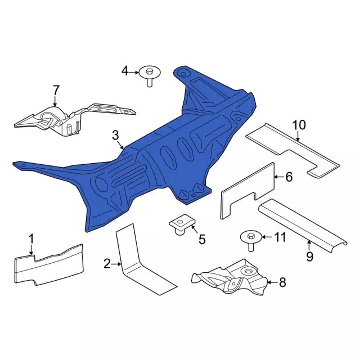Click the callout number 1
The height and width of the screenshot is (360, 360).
click(31, 238)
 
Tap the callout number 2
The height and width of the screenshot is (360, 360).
click(107, 264)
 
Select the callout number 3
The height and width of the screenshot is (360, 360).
click(115, 136)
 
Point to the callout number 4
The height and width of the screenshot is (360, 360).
click(125, 71)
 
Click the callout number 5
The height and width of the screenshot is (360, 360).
click(202, 240)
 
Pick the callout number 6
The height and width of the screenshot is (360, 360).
click(289, 177)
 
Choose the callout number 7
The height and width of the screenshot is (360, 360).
click(56, 90)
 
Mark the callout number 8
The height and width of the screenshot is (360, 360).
click(282, 282)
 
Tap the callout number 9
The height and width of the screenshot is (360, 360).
click(310, 256)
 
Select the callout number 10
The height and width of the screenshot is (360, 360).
click(299, 125)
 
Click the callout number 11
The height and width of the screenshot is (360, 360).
click(280, 237)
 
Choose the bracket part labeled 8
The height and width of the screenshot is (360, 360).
click(229, 277)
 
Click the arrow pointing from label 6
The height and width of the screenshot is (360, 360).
click(279, 177)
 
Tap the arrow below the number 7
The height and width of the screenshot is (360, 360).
click(55, 101)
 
